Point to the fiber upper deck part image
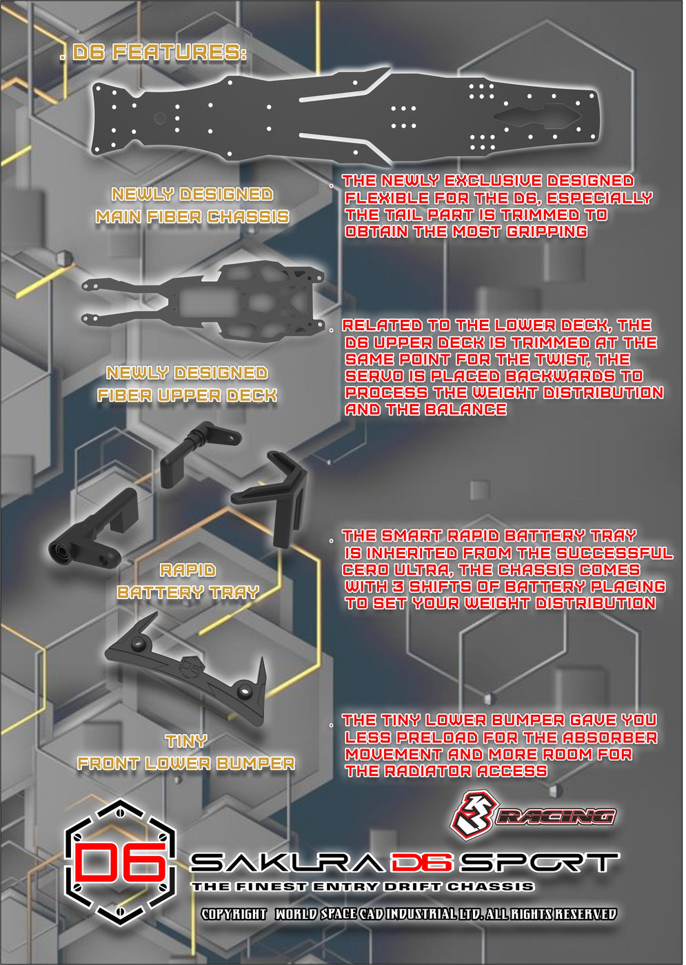(203, 301)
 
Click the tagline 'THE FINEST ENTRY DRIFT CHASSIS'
(363, 887)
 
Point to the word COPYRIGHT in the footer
(234, 914)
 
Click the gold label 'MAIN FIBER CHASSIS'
(192, 217)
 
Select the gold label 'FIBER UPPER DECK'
(187, 396)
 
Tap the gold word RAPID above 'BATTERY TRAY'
(188, 571)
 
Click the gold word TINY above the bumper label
(187, 741)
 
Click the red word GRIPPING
(546, 232)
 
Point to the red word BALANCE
(467, 409)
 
